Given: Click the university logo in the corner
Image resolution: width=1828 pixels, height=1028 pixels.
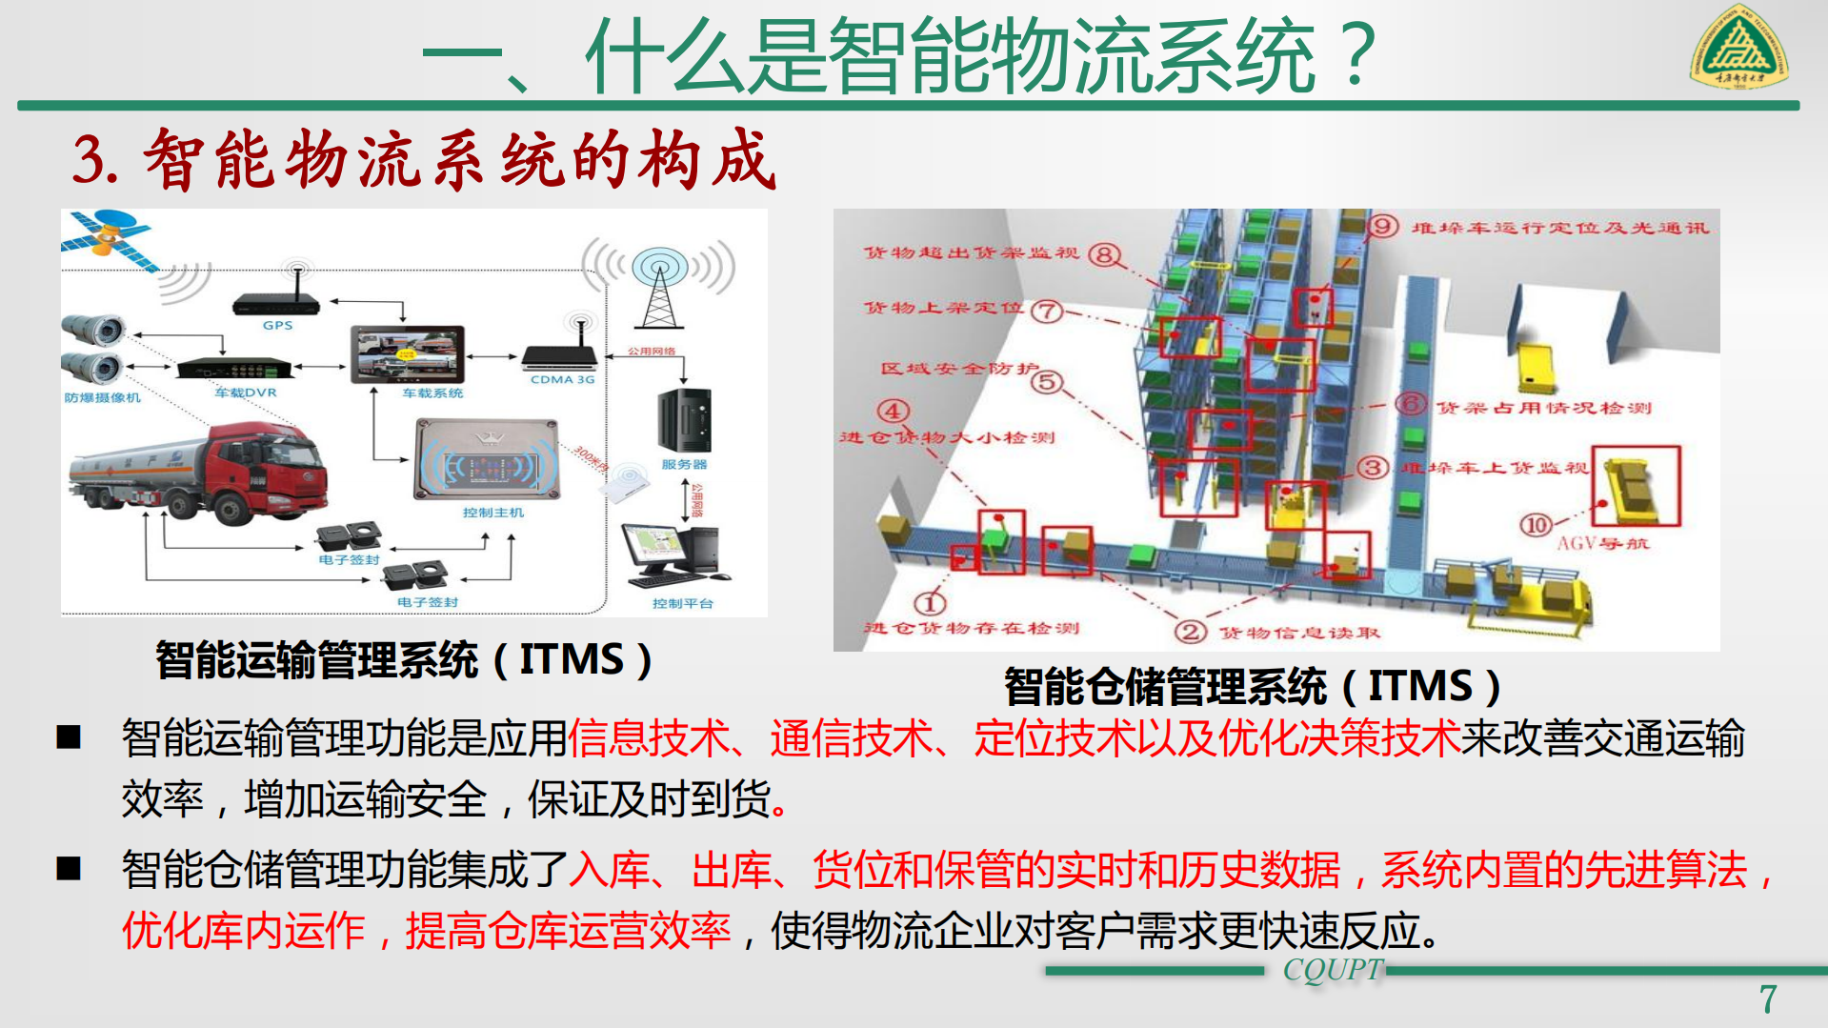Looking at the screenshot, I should (1739, 48).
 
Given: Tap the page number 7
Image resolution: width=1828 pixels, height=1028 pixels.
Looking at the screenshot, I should (1768, 999).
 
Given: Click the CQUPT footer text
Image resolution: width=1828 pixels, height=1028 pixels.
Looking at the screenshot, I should (1332, 970).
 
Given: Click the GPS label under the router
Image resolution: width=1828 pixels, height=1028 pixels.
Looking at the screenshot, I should (277, 326).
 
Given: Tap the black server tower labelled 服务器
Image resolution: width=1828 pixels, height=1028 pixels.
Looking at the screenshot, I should (684, 420).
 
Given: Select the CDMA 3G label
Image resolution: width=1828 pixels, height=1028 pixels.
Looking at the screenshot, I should (562, 379).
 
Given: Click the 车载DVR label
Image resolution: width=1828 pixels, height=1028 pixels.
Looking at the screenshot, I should (245, 393).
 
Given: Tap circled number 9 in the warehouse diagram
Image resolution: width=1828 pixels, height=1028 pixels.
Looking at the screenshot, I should (1382, 227).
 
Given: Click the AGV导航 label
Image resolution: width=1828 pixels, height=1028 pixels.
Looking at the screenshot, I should (1602, 544).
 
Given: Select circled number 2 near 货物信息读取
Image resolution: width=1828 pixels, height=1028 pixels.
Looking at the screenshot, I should (1190, 632).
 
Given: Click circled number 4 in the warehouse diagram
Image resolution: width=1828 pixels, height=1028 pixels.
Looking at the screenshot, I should (893, 412).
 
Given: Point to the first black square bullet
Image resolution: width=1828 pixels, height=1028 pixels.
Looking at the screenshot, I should (69, 737).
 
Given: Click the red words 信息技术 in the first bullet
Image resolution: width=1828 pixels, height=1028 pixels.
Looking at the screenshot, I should (648, 739).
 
